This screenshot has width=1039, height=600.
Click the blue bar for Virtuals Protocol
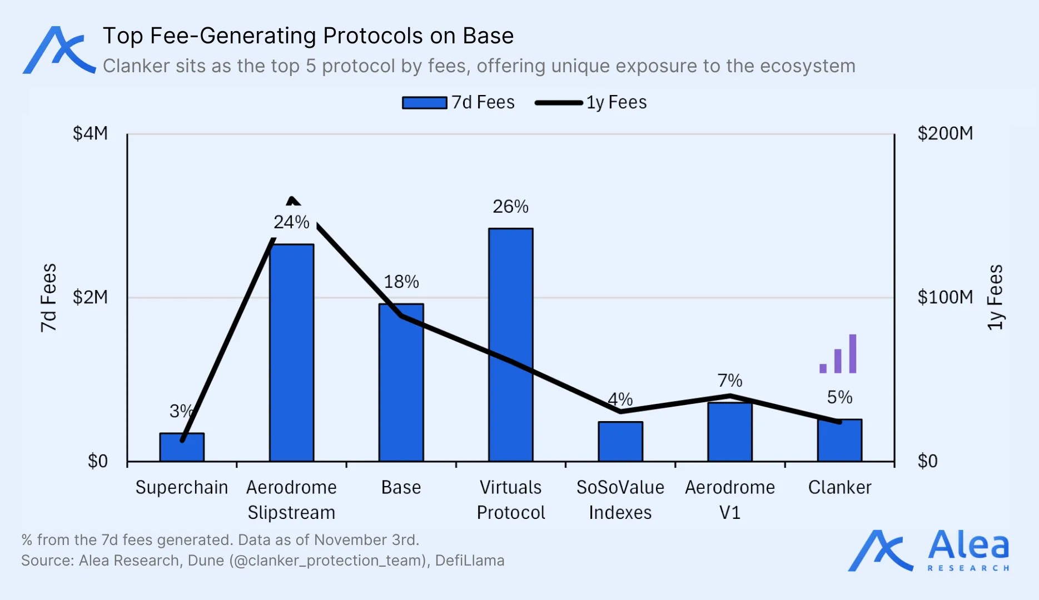click(x=510, y=344)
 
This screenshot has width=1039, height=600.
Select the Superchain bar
click(x=182, y=447)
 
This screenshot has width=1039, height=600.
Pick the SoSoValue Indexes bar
click(x=620, y=442)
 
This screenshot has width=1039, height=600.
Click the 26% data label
click(x=510, y=207)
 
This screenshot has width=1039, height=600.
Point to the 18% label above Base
click(x=401, y=282)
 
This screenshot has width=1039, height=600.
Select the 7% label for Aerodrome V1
click(x=729, y=381)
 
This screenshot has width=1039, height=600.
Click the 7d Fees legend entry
click(x=459, y=103)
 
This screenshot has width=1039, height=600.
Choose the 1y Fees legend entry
click(x=591, y=103)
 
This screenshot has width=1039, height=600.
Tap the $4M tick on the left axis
click(x=91, y=133)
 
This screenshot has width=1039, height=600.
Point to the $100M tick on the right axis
click(x=945, y=297)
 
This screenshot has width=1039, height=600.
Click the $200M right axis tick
click(x=945, y=133)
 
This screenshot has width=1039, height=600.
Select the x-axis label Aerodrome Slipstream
click(x=291, y=499)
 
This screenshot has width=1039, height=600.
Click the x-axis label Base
click(x=401, y=487)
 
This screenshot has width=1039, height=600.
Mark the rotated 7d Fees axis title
click(x=49, y=298)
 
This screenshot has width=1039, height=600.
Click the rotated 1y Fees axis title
click(x=995, y=298)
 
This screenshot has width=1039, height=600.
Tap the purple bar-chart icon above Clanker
click(x=838, y=354)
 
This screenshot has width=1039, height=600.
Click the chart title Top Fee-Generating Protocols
click(x=308, y=36)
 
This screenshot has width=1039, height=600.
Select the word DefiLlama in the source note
click(x=470, y=561)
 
